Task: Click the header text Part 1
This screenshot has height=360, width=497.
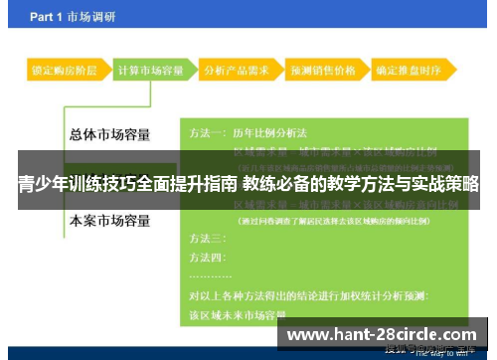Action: tap(50, 18)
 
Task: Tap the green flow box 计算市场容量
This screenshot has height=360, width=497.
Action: tap(150, 72)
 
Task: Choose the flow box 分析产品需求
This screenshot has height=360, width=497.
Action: tap(235, 72)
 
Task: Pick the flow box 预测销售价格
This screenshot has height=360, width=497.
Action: tap(322, 72)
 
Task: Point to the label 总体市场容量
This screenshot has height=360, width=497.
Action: tap(112, 133)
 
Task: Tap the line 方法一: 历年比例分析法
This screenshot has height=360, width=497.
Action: tap(248, 132)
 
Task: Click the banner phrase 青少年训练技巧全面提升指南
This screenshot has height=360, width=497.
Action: tap(127, 183)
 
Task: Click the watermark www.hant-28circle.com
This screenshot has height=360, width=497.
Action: tap(382, 335)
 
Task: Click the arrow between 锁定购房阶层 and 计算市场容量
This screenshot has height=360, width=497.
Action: tap(107, 72)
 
